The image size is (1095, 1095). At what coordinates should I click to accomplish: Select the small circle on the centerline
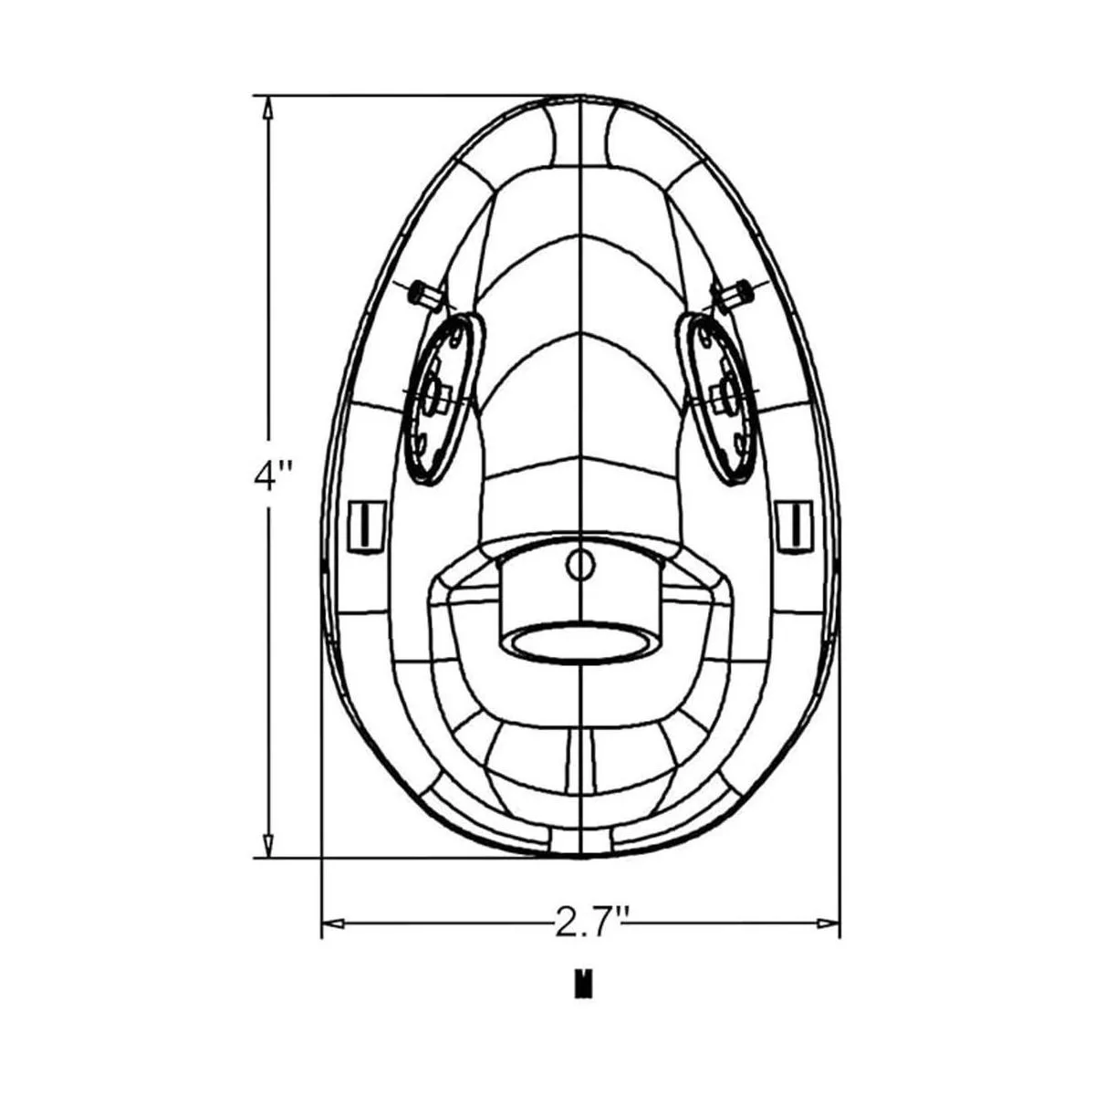pos(580,565)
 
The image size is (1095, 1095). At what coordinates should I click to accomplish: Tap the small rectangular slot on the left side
pos(365,527)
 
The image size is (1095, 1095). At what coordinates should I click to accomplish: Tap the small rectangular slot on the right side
pos(795,527)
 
